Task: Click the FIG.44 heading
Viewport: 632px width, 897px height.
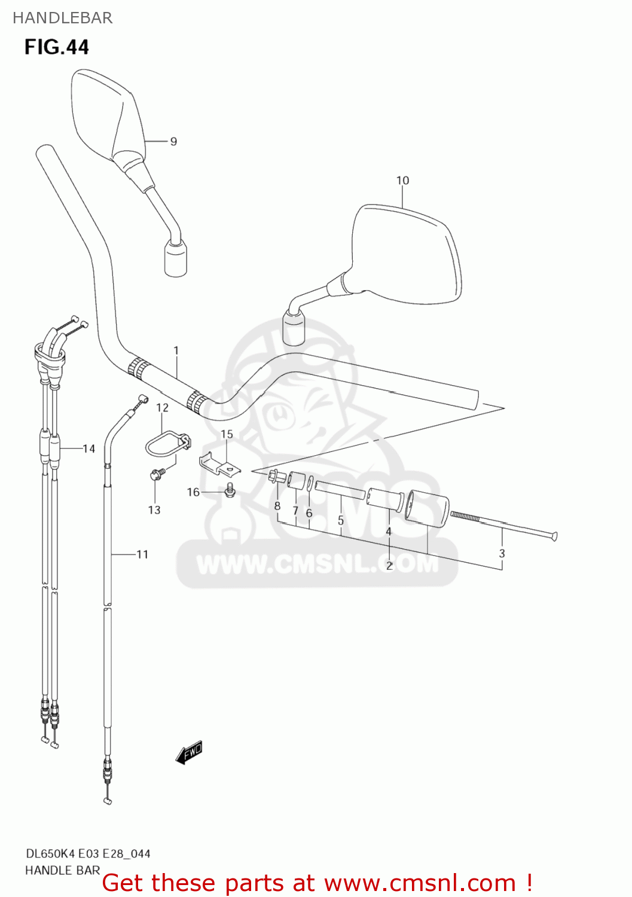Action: click(x=56, y=47)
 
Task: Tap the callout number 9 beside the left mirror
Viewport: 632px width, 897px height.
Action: click(x=173, y=142)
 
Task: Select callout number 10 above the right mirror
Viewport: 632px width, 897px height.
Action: click(x=402, y=181)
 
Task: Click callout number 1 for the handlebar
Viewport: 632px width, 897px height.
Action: click(x=176, y=350)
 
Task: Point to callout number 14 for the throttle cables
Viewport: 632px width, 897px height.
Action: click(x=88, y=448)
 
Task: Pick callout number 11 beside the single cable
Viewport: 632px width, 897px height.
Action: click(x=142, y=554)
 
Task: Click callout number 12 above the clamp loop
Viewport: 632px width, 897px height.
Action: click(x=162, y=408)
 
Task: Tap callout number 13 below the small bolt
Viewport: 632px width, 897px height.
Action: click(x=154, y=510)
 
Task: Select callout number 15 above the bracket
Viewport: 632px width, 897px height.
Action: click(x=227, y=434)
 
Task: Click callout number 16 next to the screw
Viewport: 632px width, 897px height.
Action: click(x=193, y=492)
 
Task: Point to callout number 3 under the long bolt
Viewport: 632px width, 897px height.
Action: click(x=502, y=554)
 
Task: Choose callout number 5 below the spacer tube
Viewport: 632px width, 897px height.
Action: click(x=340, y=520)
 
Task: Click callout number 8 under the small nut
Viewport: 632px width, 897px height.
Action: click(x=277, y=506)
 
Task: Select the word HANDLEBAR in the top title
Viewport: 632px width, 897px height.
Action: click(x=62, y=18)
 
